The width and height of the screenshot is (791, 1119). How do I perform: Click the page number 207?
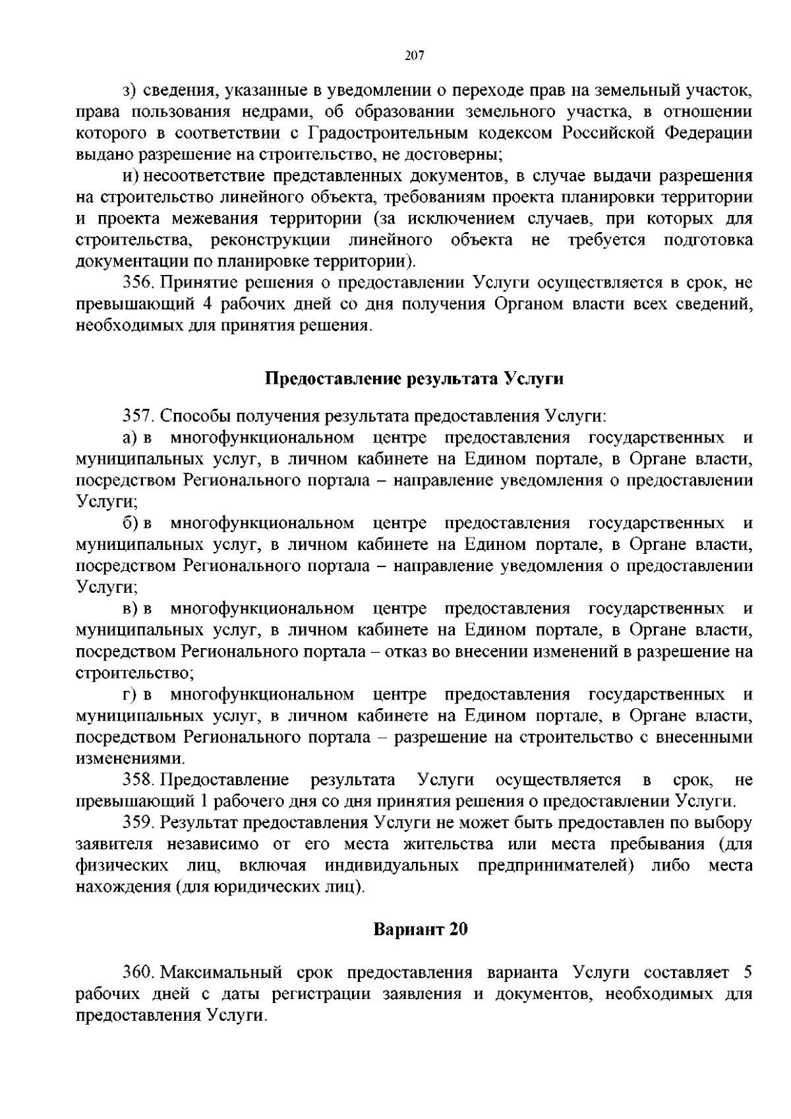(413, 55)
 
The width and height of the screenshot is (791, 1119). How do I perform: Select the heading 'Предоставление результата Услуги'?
(415, 378)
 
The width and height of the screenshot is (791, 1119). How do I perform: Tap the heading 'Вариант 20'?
(421, 929)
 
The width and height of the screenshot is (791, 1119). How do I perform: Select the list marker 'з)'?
(129, 90)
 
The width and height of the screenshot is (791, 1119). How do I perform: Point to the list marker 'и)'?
(129, 176)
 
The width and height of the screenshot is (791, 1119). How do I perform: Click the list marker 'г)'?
(129, 694)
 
